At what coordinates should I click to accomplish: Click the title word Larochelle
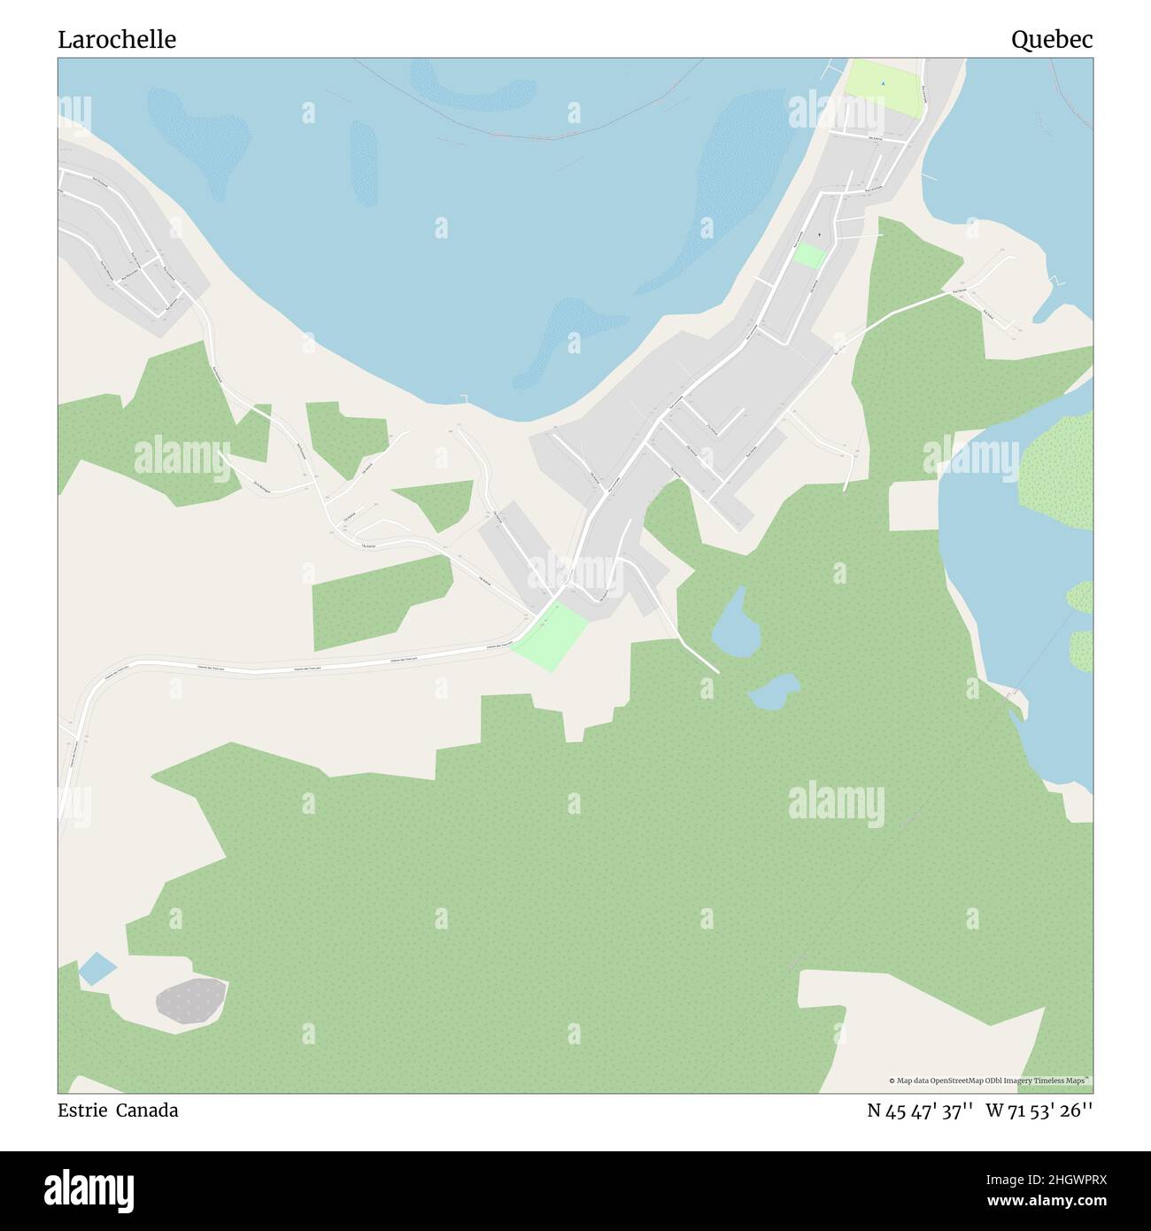coord(117,39)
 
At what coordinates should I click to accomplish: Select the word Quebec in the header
coord(1052,39)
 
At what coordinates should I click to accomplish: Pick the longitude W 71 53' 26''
coord(1039,1111)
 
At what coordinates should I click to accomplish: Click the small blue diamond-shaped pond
coord(97,969)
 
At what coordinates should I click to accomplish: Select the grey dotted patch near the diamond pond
coord(191,1001)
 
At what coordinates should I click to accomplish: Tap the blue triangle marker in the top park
coord(883,84)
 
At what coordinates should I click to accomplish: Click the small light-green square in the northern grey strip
coord(809,256)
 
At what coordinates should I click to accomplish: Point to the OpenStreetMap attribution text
coord(990,1080)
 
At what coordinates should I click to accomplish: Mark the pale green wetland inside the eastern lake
coord(1059,461)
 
